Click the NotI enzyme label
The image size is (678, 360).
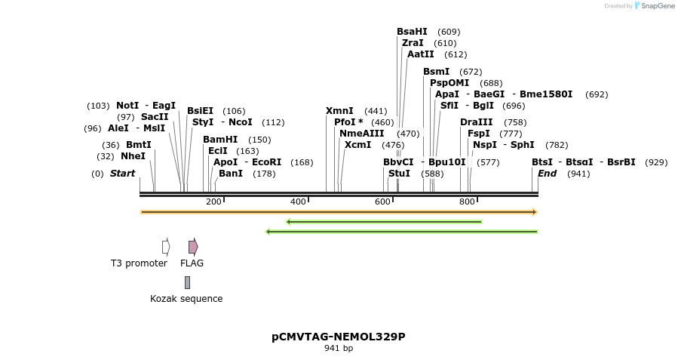pos(128,106)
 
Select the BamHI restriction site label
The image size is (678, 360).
pos(220,140)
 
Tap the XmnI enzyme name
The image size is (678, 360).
pos(339,111)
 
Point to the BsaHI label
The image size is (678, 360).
pos(412,32)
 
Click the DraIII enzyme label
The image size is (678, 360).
pos(477,122)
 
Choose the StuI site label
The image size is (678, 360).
pos(399,174)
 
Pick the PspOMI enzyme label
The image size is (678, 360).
pos(449,83)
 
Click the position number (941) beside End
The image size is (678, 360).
pos(578,174)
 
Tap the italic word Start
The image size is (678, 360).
pos(122,174)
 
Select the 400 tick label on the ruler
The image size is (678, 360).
pos(298,202)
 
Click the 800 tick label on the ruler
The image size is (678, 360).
pos(467,202)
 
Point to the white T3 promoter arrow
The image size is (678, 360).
pos(166,247)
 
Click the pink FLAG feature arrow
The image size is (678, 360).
pos(193,247)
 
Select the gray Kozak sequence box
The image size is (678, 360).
pos(187,282)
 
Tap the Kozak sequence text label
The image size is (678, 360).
pos(186,299)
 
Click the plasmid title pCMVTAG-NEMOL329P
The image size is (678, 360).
pos(339,337)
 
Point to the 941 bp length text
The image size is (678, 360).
pos(339,349)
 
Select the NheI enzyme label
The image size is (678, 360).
pos(133,156)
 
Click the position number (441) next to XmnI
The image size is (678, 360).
pos(376,111)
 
